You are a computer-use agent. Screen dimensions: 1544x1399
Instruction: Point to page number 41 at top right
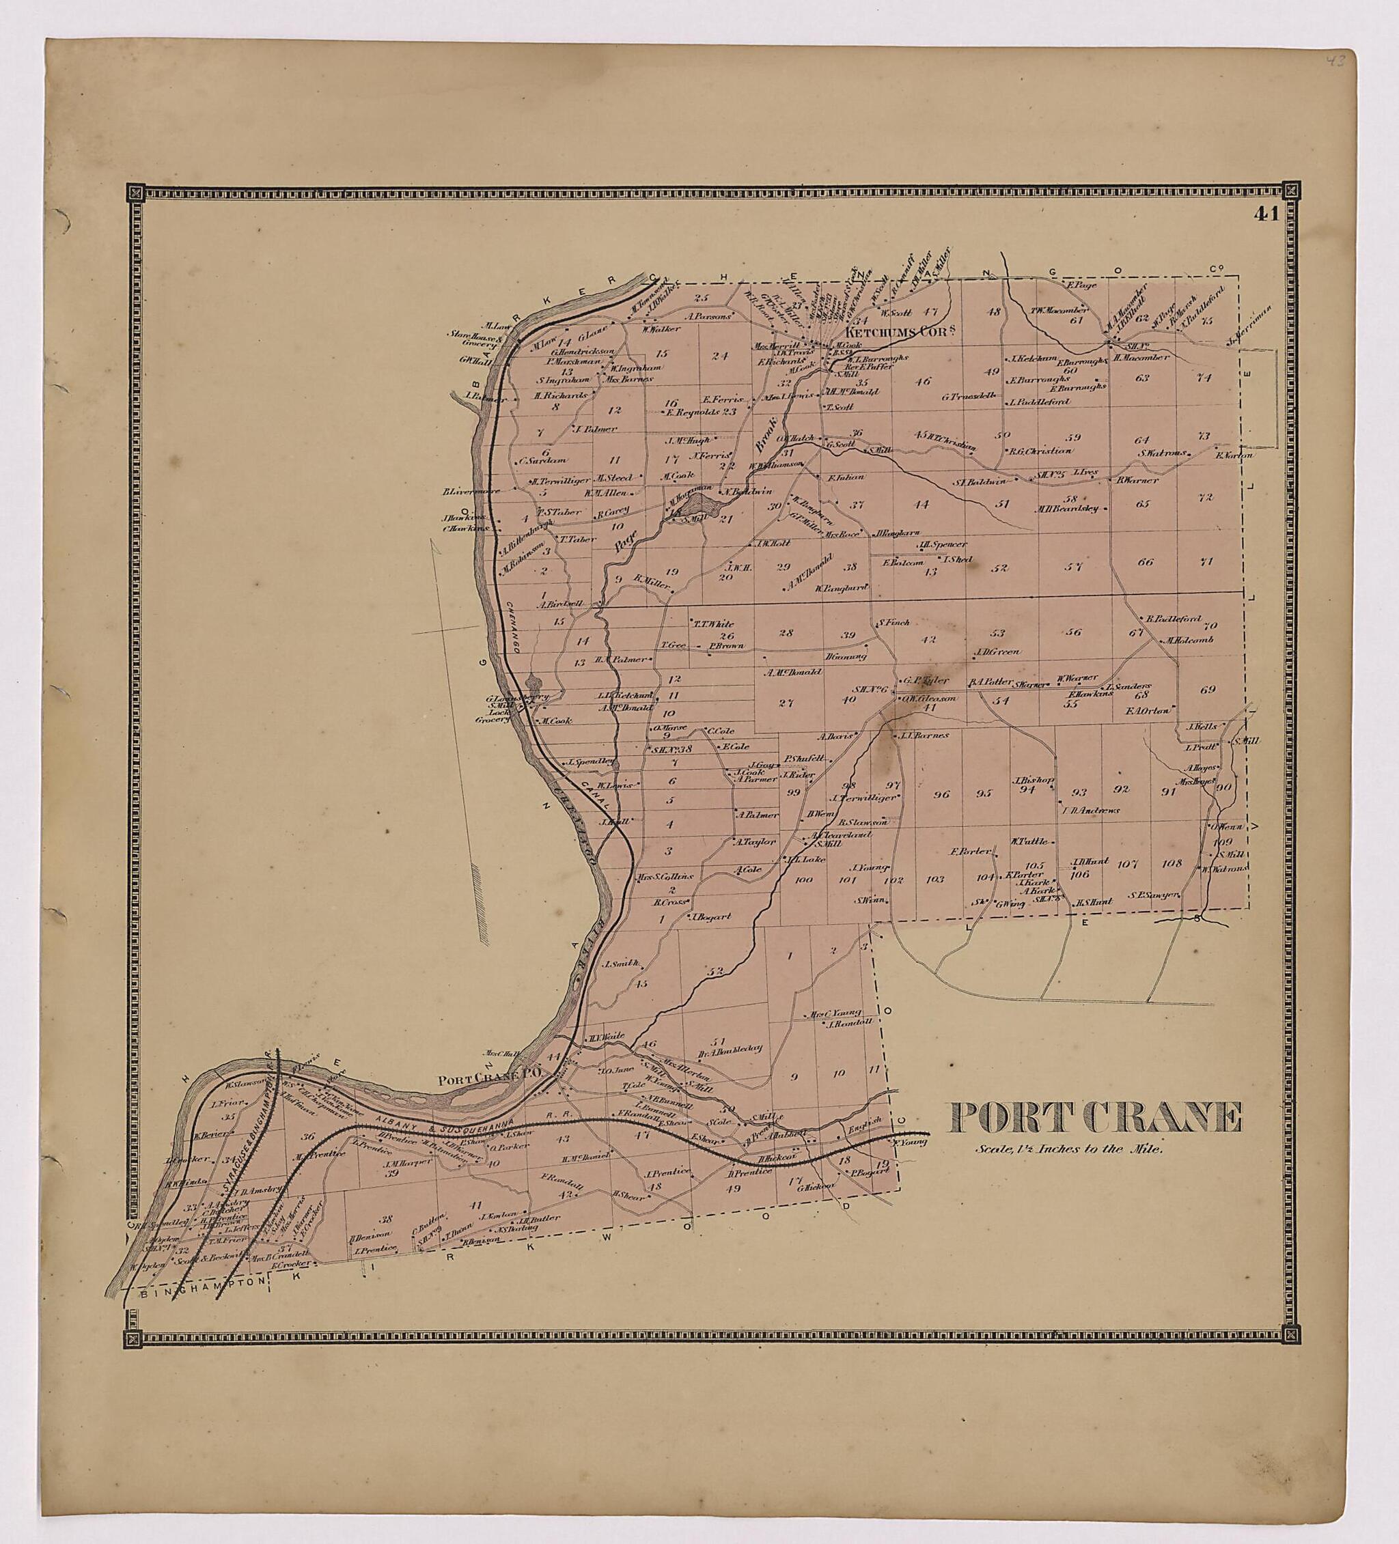point(1266,214)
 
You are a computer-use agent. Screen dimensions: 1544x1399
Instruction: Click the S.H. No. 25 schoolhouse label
point(1046,475)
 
